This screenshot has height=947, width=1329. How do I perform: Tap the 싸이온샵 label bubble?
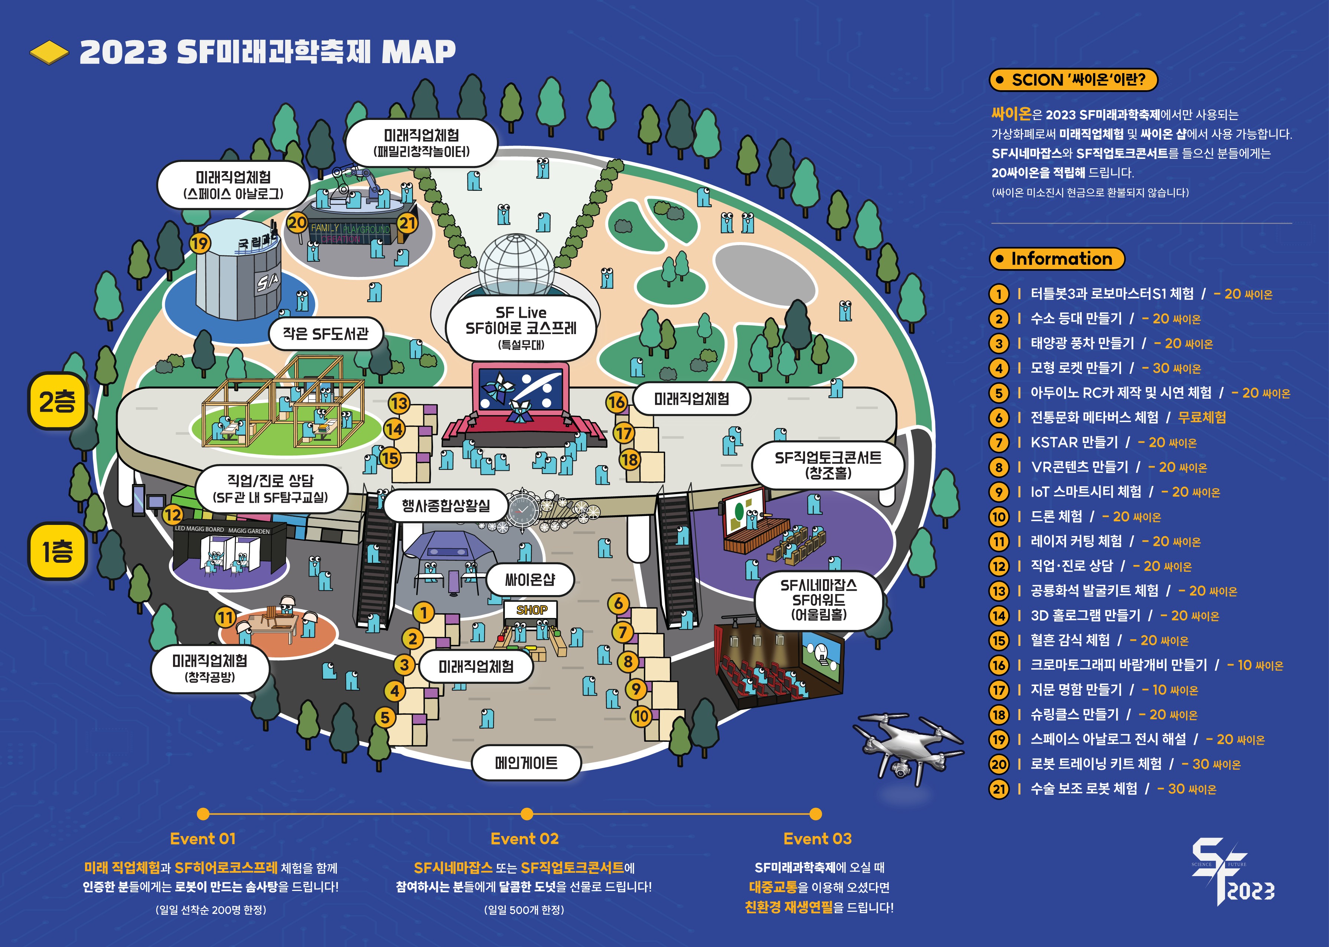(x=530, y=579)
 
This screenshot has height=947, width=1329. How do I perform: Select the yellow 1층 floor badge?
(x=57, y=551)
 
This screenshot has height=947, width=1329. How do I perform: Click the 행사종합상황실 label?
(x=446, y=506)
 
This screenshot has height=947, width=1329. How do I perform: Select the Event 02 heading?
(x=524, y=839)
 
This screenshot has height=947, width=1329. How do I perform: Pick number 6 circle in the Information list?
(x=999, y=418)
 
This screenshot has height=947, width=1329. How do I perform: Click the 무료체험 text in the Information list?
(x=1202, y=418)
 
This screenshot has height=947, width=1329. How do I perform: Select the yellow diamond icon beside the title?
(x=49, y=52)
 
